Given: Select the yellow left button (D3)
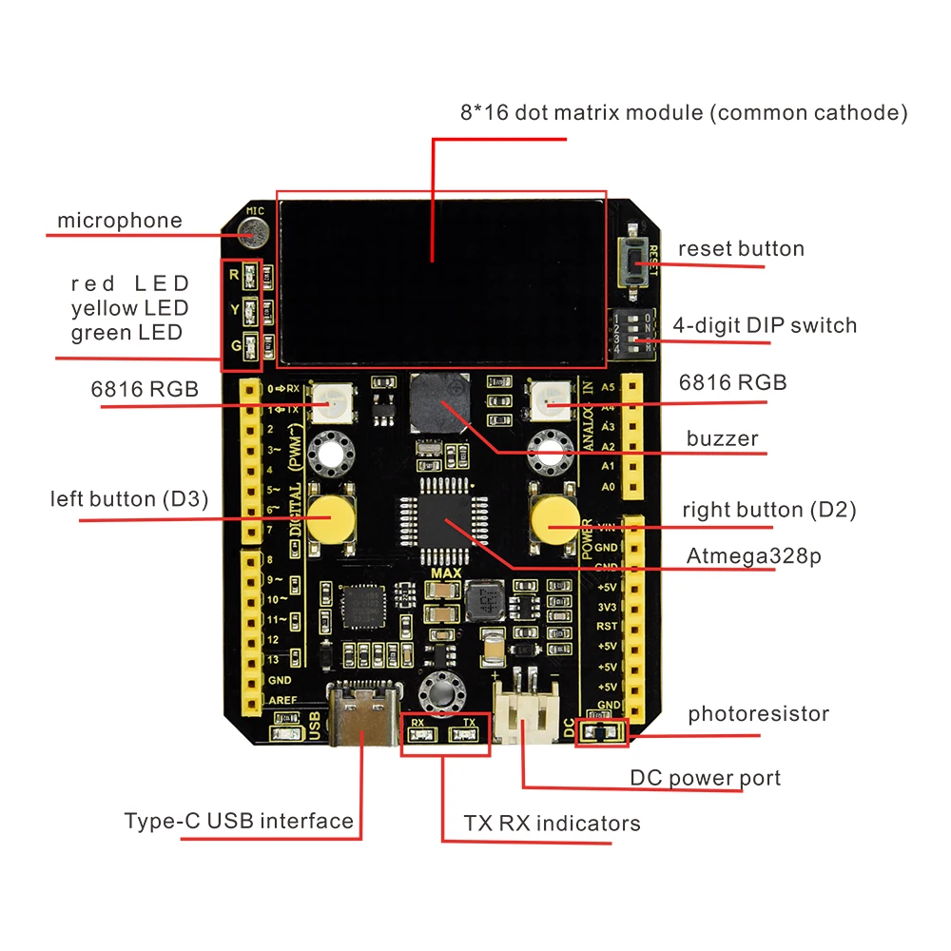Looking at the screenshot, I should [329, 517].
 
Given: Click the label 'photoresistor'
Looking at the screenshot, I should [758, 713].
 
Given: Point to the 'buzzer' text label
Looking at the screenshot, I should [723, 438].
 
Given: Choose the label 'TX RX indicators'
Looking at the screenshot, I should [552, 823].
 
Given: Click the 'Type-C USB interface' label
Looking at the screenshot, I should [239, 821].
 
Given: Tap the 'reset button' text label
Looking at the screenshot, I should [741, 249].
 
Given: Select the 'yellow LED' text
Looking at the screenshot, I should [129, 308].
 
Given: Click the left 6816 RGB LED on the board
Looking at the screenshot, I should [334, 400].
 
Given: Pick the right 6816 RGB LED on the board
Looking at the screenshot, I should [549, 400].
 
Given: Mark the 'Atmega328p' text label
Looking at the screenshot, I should [753, 556].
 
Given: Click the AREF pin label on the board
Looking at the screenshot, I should [282, 701].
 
